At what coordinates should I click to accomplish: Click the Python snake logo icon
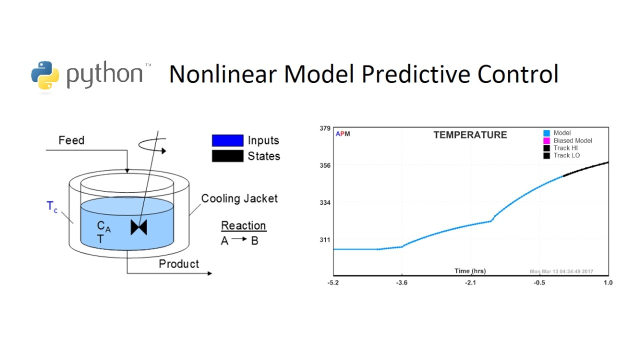click(x=45, y=75)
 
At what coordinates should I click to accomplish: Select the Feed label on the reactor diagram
click(x=71, y=140)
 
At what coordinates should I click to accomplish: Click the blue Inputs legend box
click(x=227, y=140)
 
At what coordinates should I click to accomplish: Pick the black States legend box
click(x=227, y=156)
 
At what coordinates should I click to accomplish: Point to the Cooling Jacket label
click(x=239, y=198)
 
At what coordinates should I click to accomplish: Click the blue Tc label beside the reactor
click(x=52, y=207)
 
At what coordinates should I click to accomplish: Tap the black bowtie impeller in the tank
click(x=138, y=227)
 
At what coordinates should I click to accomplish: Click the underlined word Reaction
click(x=243, y=225)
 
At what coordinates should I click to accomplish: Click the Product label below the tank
click(x=178, y=264)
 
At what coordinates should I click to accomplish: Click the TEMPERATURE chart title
click(x=470, y=135)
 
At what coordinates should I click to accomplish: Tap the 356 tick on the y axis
click(x=325, y=165)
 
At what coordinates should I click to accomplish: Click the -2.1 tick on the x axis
click(x=470, y=282)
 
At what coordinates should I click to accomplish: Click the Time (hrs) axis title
click(x=470, y=271)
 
